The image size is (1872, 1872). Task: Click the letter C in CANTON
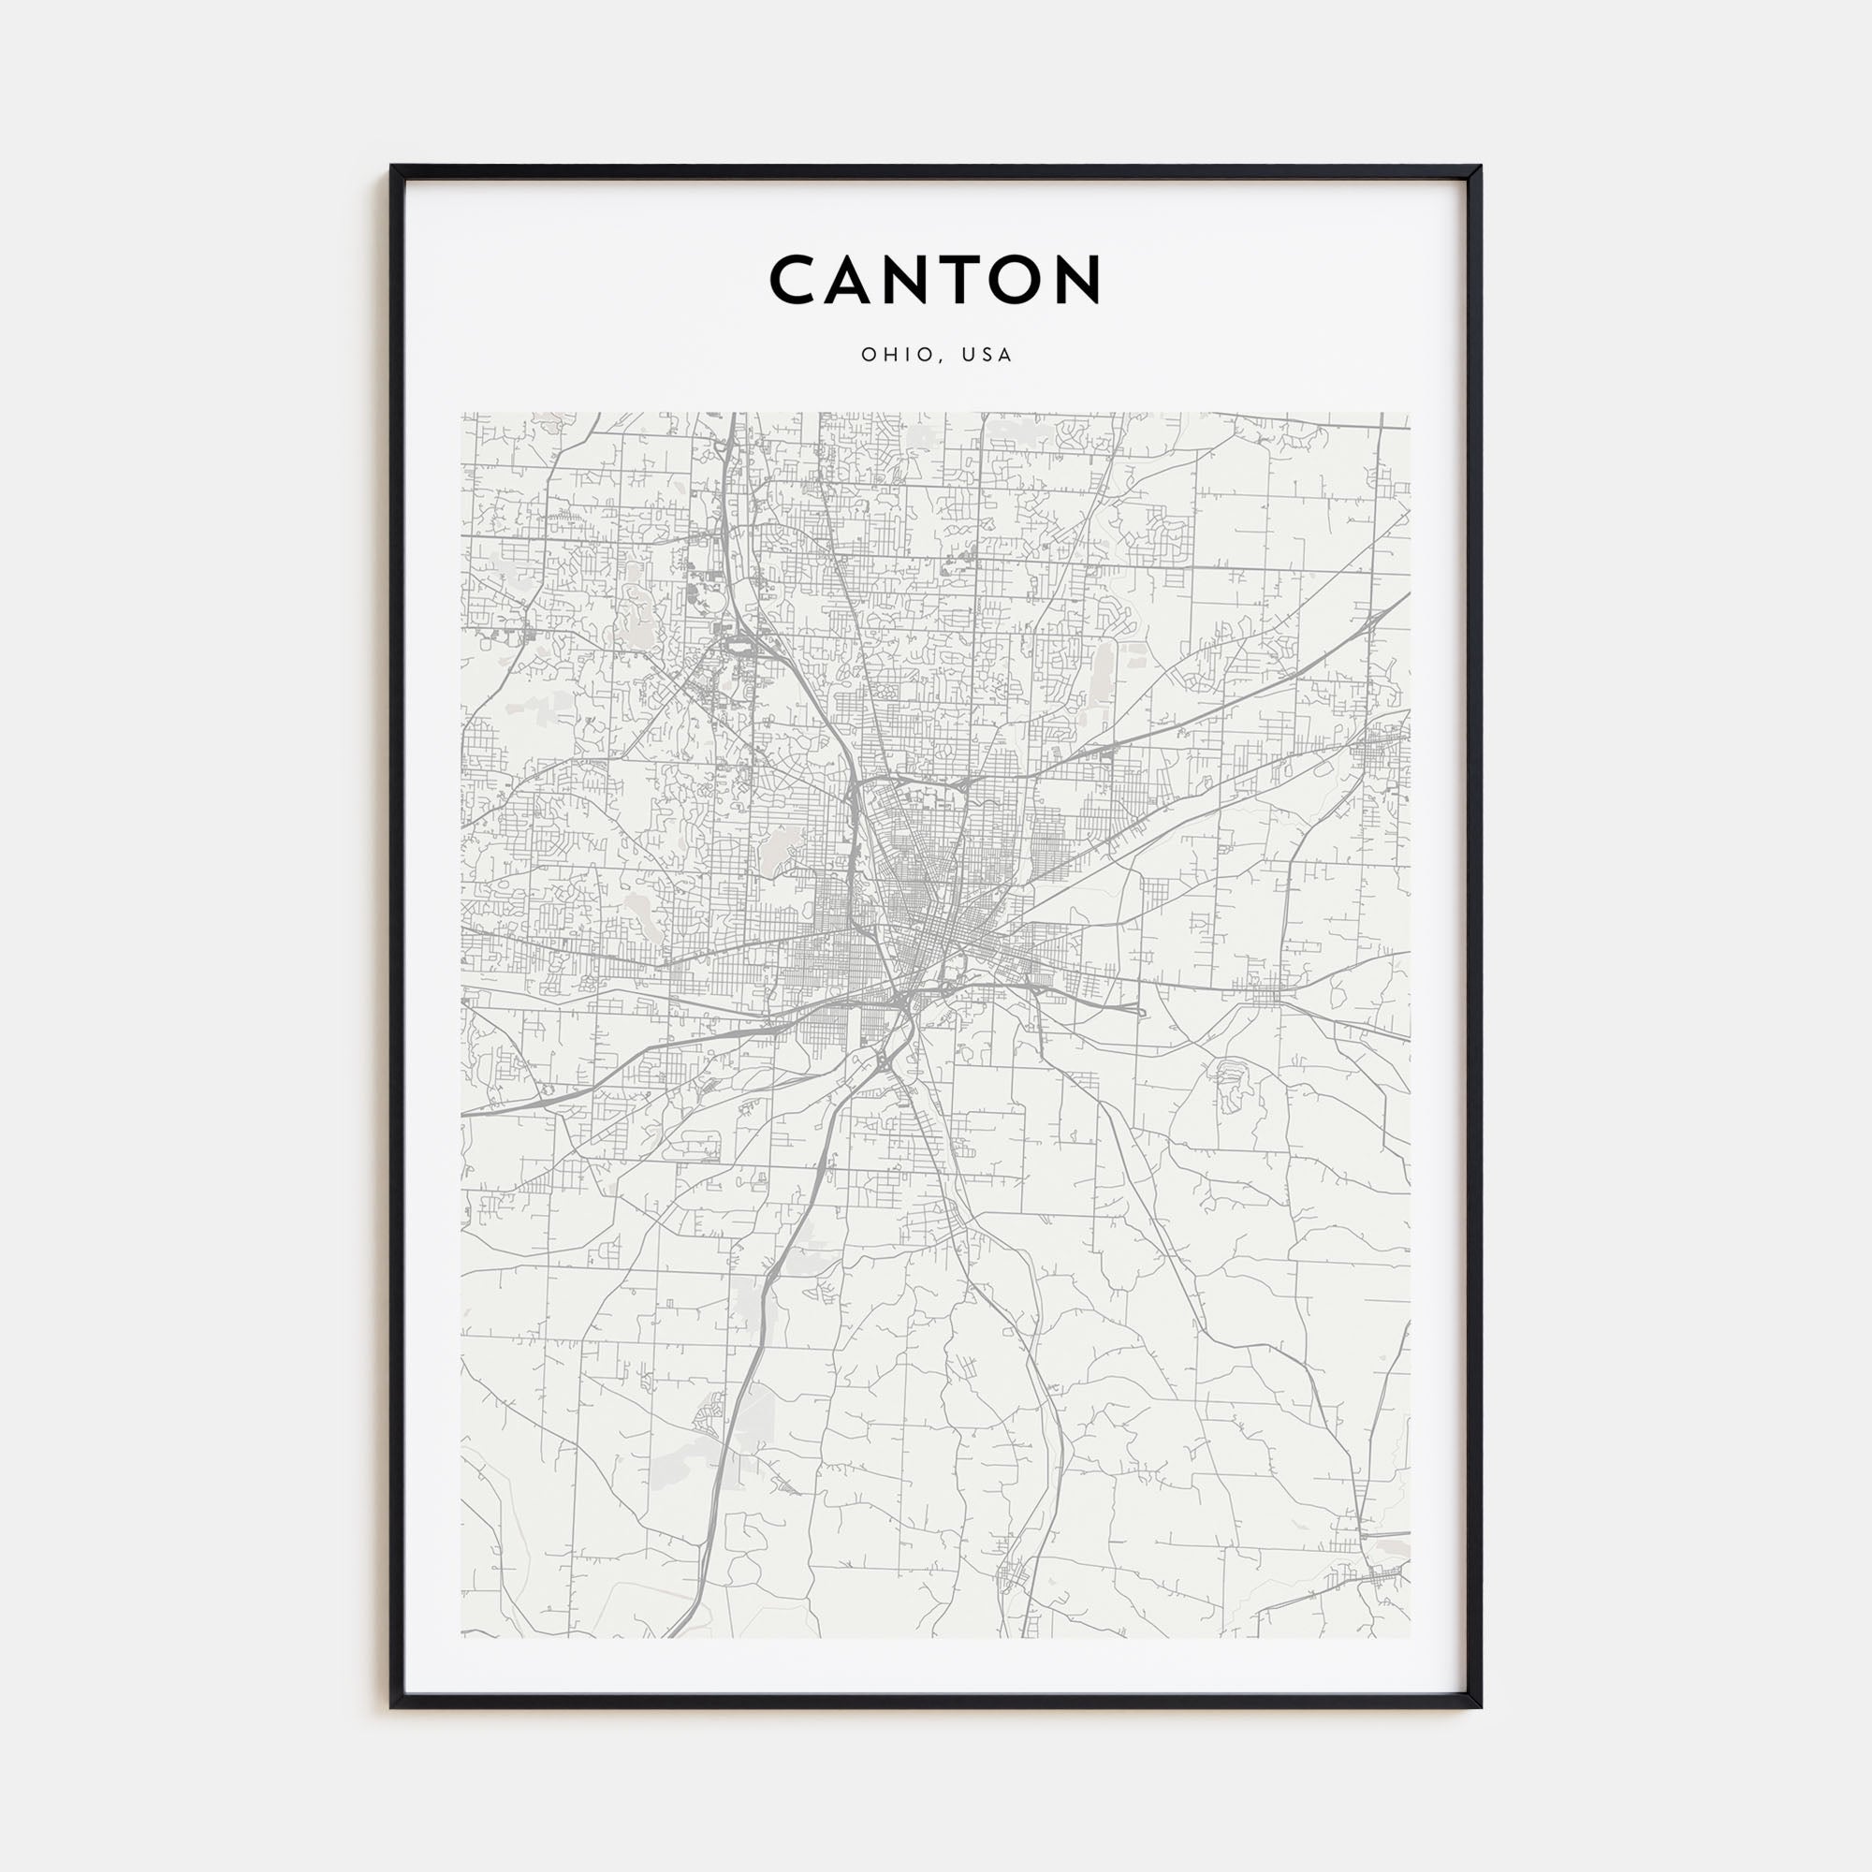pos(794,279)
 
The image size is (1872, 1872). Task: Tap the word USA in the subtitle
pos(987,355)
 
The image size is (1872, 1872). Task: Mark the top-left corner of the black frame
pos(392,167)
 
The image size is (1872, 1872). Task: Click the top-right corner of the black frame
pos(1480,167)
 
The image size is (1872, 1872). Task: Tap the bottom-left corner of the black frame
pos(392,1706)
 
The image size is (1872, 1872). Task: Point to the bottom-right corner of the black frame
pos(1480,1706)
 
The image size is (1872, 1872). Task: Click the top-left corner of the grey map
pos(462,414)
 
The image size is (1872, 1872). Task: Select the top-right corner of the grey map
pos(1410,414)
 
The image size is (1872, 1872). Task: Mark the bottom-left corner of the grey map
pos(462,1636)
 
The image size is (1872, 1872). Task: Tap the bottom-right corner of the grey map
pos(1410,1636)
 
